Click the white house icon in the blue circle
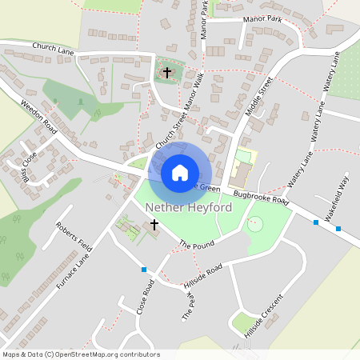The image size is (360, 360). (180, 172)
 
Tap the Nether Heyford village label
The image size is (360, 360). (189, 208)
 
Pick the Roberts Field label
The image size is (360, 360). (73, 236)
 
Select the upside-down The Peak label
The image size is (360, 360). (190, 305)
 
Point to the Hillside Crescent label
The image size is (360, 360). (265, 317)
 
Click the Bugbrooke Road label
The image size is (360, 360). (260, 197)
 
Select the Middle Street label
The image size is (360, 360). (260, 98)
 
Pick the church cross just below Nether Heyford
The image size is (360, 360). (154, 225)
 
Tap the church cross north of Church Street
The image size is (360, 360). (167, 73)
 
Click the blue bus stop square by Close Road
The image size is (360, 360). (144, 270)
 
